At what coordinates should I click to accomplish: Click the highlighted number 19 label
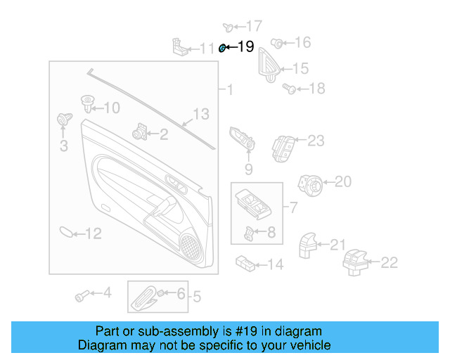click(245, 47)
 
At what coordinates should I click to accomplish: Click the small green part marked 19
click(222, 48)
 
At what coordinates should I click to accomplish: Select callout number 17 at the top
click(253, 26)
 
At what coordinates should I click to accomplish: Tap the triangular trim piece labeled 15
click(269, 64)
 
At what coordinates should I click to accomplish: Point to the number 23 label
click(316, 141)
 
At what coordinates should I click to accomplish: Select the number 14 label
click(275, 264)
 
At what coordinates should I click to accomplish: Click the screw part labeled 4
click(82, 295)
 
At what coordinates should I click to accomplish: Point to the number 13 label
click(201, 114)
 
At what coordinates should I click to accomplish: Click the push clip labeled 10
click(87, 104)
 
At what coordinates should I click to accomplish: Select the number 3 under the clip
click(63, 146)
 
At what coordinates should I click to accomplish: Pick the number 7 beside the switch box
click(293, 207)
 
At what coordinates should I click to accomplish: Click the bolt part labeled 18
click(288, 88)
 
